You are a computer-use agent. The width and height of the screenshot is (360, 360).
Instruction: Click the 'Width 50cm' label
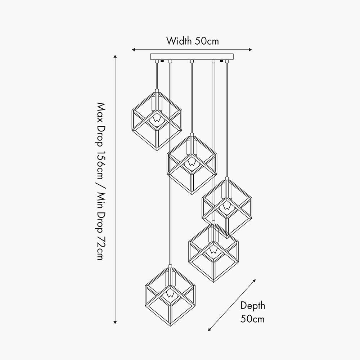coord(192,41)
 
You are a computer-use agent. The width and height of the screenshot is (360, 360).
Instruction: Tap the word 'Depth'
coord(253,306)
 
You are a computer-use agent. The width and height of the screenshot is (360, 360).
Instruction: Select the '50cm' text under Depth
coord(253,319)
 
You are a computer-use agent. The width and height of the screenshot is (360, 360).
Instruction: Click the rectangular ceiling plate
coord(192,57)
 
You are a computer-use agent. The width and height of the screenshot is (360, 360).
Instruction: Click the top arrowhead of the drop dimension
coord(115,57)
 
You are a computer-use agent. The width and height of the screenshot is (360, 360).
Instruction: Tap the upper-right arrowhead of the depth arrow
coord(255,280)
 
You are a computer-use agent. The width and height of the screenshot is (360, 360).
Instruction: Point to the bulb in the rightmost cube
coord(226,206)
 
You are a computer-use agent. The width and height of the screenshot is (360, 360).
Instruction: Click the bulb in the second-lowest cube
coord(213,250)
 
